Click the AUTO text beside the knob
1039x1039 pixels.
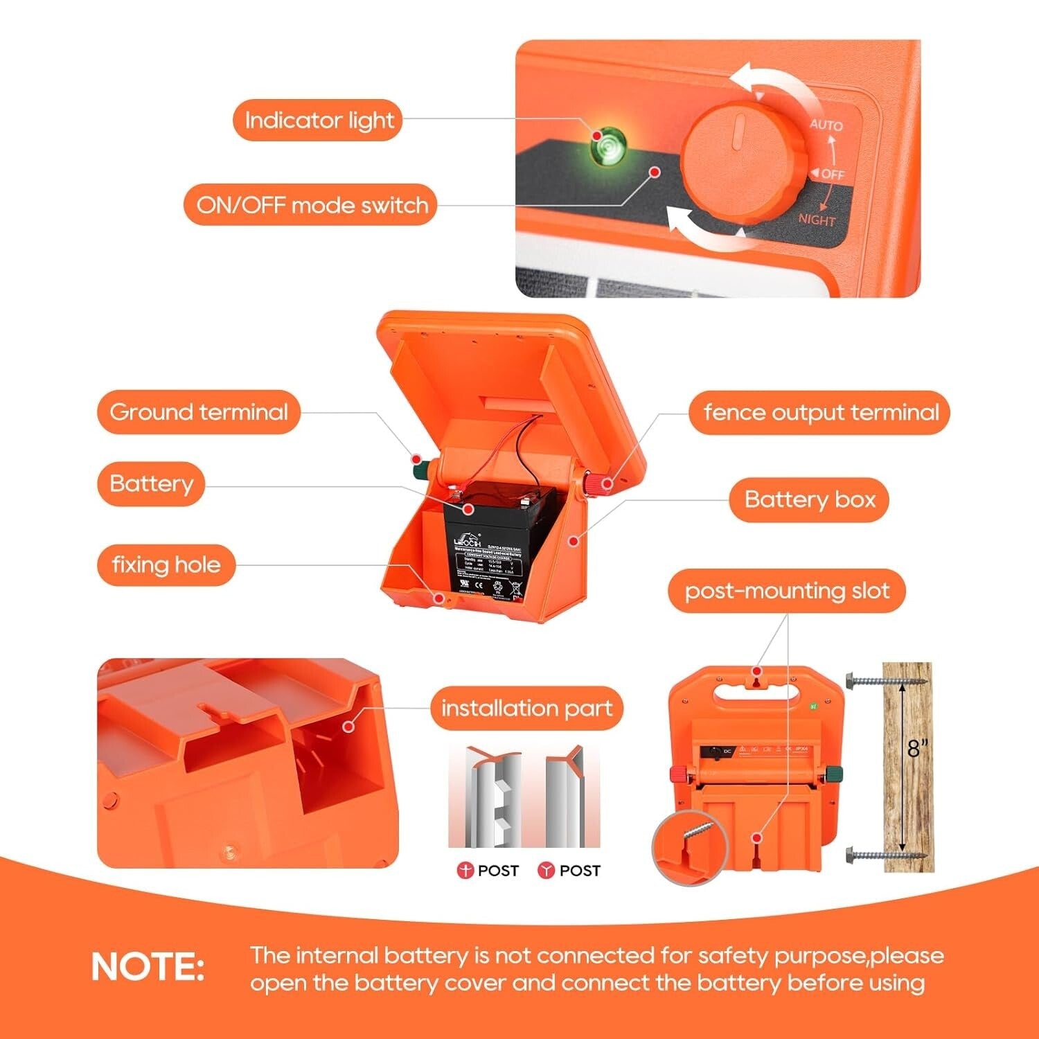pos(826,125)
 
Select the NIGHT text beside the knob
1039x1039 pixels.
pos(817,220)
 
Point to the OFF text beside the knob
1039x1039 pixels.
pos(832,175)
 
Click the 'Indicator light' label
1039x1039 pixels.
pos(319,121)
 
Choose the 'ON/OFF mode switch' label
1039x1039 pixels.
pos(312,205)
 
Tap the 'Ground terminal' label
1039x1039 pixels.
pos(199,412)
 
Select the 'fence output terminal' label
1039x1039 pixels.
pos(820,413)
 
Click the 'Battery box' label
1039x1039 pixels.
pos(809,499)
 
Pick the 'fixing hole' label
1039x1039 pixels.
pos(166,565)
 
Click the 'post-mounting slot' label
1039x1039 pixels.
pos(787,591)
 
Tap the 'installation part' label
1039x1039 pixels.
pos(526,709)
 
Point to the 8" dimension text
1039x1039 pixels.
pos(918,748)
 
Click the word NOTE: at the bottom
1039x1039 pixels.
pos(148,967)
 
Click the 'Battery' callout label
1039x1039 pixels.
pos(151,483)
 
